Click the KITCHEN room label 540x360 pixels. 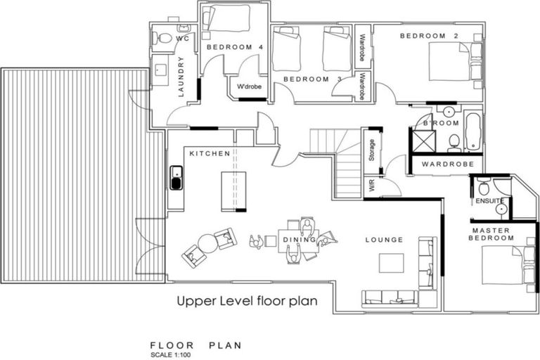pyautogui.click(x=210, y=153)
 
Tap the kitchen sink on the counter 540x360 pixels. pyautogui.click(x=176, y=179)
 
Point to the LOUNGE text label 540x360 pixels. pyautogui.click(x=384, y=240)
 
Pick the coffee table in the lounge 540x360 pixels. pyautogui.click(x=392, y=262)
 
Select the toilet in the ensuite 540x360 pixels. pyautogui.click(x=484, y=189)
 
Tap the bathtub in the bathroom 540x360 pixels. pyautogui.click(x=472, y=129)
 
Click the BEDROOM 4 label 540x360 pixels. pyautogui.click(x=225, y=47)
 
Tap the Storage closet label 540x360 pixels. pyautogui.click(x=372, y=151)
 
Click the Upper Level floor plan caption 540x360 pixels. pyautogui.click(x=247, y=301)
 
